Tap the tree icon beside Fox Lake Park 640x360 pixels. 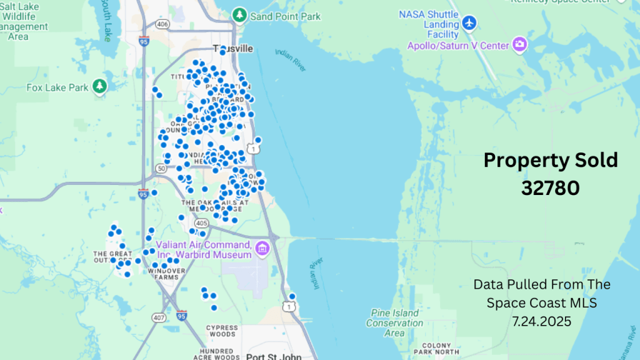click(99, 86)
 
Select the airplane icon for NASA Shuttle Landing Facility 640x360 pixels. click(469, 23)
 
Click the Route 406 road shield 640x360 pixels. click(162, 24)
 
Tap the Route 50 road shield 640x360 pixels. click(161, 169)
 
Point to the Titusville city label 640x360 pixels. click(233, 48)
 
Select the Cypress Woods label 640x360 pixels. click(222, 330)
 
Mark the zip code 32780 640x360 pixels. click(551, 187)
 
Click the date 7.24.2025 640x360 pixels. click(541, 320)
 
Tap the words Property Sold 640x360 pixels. click(551, 160)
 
